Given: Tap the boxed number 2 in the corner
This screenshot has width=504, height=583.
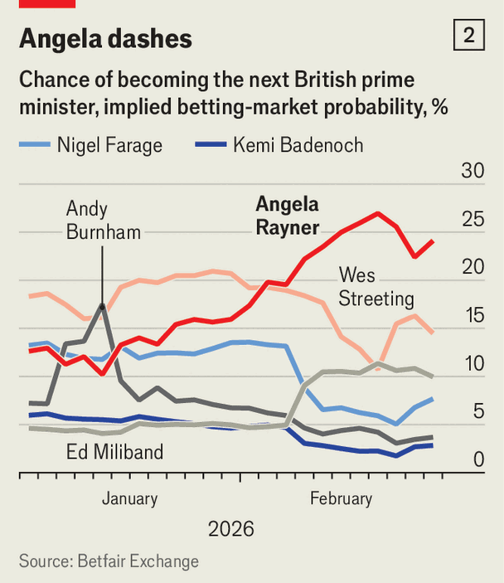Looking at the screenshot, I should (469, 36).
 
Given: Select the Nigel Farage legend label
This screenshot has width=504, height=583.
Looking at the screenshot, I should (109, 146).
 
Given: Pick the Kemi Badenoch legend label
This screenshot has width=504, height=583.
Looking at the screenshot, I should (298, 146).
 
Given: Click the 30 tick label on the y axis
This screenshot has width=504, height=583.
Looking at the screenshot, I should (472, 171).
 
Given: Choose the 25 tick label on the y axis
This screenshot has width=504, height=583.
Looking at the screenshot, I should (472, 220).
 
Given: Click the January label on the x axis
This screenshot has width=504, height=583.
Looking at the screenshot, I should (129, 498).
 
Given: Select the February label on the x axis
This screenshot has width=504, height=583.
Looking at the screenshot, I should (341, 498).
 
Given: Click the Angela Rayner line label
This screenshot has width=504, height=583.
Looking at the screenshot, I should (288, 216).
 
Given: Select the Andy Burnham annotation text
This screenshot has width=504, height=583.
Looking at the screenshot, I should (104, 221).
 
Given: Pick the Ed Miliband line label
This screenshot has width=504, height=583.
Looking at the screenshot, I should (115, 452).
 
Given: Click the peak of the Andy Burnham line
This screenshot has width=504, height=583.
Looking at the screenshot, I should (102, 306).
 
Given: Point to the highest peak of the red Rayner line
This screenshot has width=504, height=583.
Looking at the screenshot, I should (378, 213).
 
